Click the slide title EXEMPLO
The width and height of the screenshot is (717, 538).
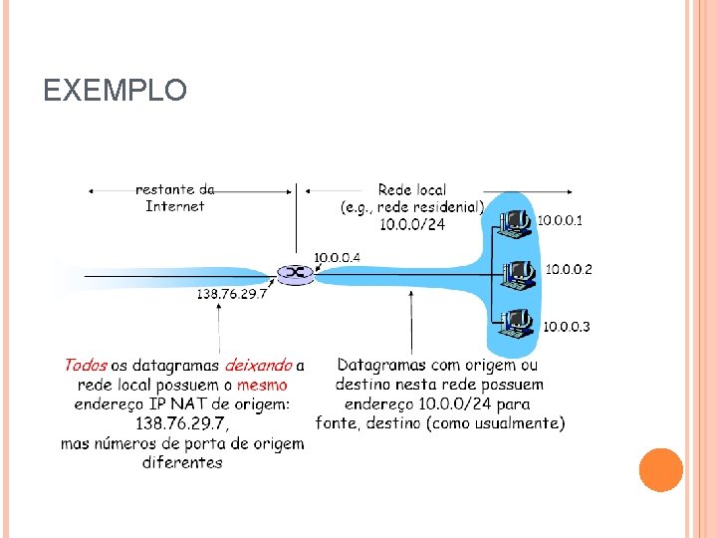coord(116,91)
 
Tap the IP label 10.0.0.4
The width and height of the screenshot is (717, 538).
coord(338,258)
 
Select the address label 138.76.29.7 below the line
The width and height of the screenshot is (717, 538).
coord(232,294)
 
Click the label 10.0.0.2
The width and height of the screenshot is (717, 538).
coord(569,269)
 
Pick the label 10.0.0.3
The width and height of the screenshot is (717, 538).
coord(566,326)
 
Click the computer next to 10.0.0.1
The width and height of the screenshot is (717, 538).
coord(516,224)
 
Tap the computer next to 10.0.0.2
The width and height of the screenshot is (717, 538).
coord(519,273)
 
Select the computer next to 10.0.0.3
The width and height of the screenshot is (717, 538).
coord(518,323)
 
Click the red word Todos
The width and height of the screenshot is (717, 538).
coord(86,366)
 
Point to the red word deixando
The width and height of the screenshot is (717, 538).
coord(258,366)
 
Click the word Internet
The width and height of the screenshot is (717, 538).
coord(174,206)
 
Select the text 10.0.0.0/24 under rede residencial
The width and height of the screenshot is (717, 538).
coord(412,225)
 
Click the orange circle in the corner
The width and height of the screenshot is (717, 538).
coord(660,469)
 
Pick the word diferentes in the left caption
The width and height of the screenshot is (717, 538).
coord(182,462)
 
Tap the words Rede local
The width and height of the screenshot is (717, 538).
coord(412,189)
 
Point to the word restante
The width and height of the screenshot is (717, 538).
coord(164,189)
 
